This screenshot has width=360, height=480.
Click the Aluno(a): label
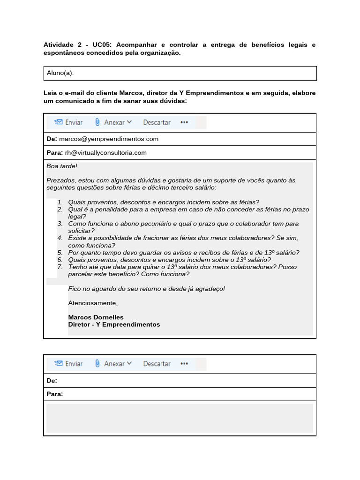click(60, 73)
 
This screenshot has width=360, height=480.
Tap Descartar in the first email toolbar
click(157, 122)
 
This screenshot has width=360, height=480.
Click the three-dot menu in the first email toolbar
click(184, 122)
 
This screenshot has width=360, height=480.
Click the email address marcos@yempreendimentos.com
click(109, 139)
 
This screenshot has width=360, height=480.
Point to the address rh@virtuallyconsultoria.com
click(105, 152)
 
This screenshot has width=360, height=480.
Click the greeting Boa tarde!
click(62, 166)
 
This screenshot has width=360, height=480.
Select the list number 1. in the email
click(60, 202)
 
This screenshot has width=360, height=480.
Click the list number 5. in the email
click(60, 253)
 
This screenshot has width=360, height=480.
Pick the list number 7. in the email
click(60, 267)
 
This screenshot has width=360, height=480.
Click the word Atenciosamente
click(93, 303)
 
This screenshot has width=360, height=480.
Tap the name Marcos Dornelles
click(96, 317)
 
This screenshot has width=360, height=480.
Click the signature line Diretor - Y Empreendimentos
click(114, 324)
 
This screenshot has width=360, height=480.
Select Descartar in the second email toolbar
click(157, 364)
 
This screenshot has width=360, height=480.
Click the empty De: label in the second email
click(52, 380)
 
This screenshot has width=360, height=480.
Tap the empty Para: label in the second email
click(54, 394)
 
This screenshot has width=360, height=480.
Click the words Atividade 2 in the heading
click(62, 45)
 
